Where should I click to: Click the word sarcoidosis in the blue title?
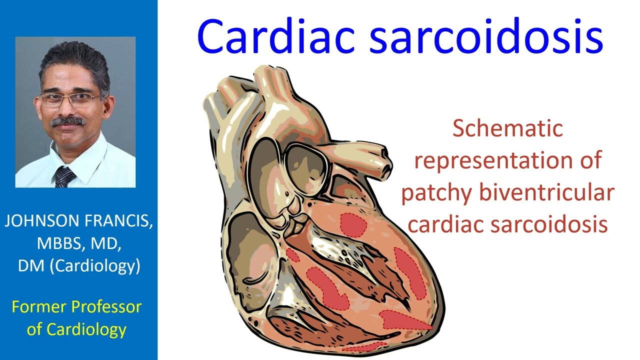[x=485, y=37]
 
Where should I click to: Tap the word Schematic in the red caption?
[x=507, y=129]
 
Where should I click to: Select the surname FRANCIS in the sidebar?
[x=117, y=221]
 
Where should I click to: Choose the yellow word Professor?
[x=107, y=306]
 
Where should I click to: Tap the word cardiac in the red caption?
[x=446, y=224]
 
